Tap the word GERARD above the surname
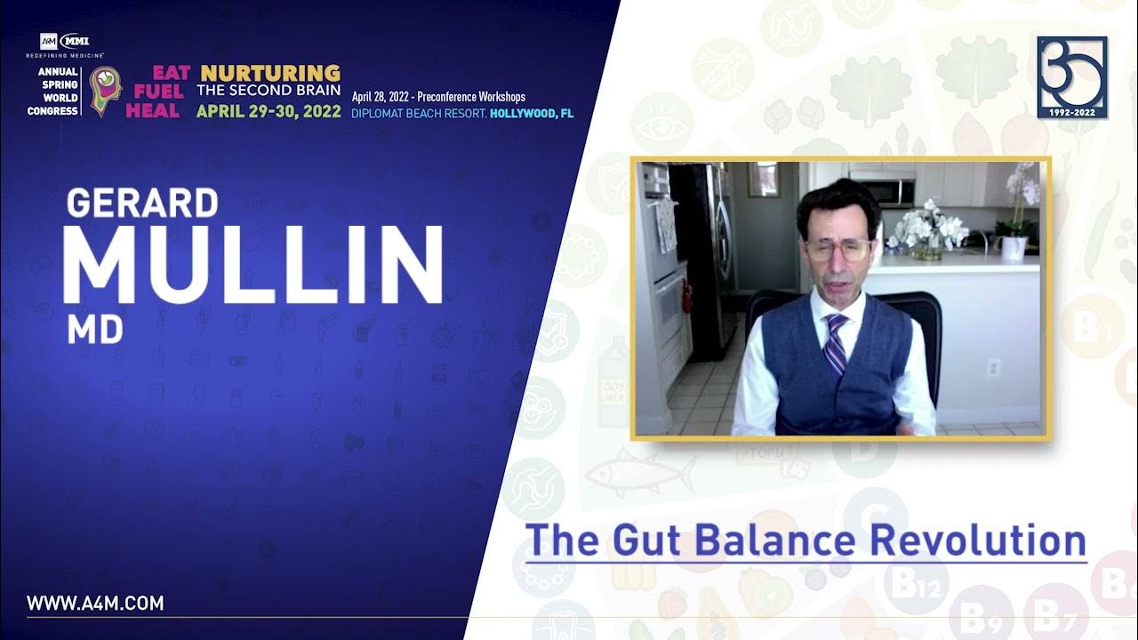(142, 204)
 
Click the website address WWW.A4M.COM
(95, 604)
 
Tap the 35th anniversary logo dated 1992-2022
(1072, 77)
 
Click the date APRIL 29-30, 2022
(268, 112)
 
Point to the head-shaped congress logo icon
(105, 91)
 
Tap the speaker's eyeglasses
(837, 249)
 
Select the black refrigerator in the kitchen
(702, 258)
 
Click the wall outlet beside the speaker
(993, 367)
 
